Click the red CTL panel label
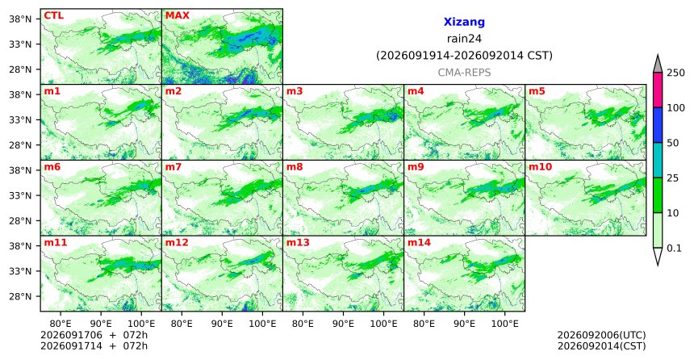point(53,16)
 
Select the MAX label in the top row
point(178,16)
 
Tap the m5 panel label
point(537,92)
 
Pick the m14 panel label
point(419,243)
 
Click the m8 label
point(295,167)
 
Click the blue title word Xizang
point(464,22)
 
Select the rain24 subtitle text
point(464,39)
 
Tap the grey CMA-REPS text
point(464,73)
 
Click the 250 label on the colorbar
point(675,73)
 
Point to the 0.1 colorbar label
point(674,249)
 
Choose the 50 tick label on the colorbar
point(673,143)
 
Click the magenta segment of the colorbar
point(658,90)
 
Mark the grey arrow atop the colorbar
point(658,65)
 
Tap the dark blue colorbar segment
point(658,125)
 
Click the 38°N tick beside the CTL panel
point(20,19)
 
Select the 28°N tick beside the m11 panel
point(20,297)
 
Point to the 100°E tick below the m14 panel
point(504,324)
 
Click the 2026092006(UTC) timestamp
point(601,335)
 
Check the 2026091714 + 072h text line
point(94,345)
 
